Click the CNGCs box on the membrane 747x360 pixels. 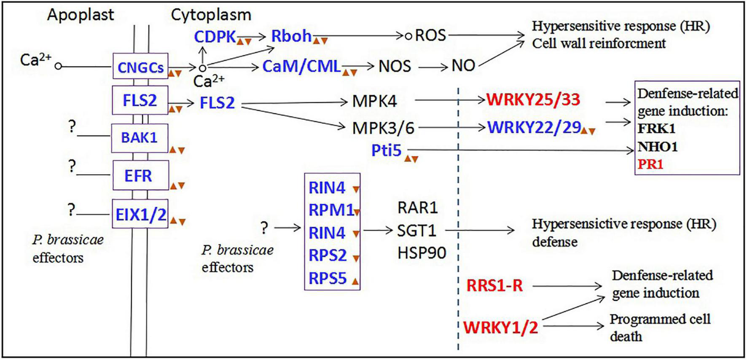[x=140, y=67]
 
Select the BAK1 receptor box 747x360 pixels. [x=140, y=138]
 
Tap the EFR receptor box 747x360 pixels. [x=140, y=175]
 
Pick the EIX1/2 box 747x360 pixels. [x=140, y=214]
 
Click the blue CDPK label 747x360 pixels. [x=215, y=37]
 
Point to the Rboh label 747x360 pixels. [x=291, y=36]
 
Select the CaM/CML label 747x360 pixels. [x=301, y=66]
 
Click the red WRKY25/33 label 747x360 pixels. [x=533, y=100]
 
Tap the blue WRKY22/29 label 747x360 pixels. [x=534, y=127]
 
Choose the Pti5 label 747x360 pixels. [x=386, y=150]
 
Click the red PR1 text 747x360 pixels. [x=650, y=164]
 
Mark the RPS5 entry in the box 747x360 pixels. [x=328, y=278]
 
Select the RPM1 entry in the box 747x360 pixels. [x=331, y=210]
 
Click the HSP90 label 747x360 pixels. [x=422, y=253]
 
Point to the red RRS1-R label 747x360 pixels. [x=494, y=286]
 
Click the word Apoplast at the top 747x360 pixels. [x=81, y=15]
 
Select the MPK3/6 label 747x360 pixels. [x=383, y=128]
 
